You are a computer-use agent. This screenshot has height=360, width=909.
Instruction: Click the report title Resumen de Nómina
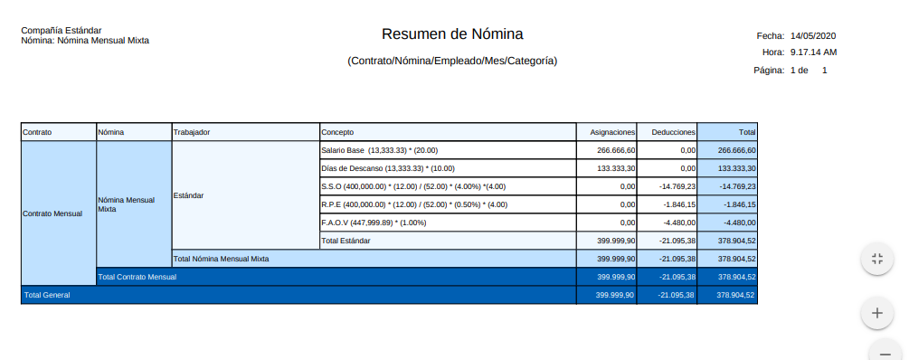pos(452,34)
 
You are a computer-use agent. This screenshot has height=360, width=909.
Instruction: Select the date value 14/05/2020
pos(814,35)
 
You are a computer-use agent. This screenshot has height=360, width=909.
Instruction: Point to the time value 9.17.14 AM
pos(814,52)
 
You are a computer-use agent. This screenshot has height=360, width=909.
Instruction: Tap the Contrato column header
pos(38,132)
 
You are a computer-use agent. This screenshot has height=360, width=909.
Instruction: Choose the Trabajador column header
pos(192,132)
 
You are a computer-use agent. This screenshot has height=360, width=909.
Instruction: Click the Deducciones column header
pos(668,132)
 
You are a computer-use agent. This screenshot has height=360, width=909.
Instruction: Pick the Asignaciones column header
pos(607,132)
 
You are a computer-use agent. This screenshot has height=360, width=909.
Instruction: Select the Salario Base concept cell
pos(379,150)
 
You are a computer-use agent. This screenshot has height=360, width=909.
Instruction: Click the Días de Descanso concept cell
pos(388,168)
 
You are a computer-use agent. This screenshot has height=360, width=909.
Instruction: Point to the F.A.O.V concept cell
pos(374,223)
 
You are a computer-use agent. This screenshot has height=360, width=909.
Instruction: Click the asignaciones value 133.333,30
pos(616,168)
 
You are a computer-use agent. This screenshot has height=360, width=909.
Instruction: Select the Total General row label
pos(47,295)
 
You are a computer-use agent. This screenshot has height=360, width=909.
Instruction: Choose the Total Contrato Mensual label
pos(137,277)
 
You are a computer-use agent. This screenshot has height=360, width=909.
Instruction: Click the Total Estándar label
pos(346,241)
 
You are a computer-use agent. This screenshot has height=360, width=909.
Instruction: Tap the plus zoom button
pos(876,313)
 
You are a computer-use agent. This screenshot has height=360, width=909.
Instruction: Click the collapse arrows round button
pos(876,259)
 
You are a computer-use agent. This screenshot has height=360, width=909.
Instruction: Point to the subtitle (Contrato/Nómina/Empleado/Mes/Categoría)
pos(452,61)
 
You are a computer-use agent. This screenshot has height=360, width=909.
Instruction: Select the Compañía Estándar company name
pos(62,31)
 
